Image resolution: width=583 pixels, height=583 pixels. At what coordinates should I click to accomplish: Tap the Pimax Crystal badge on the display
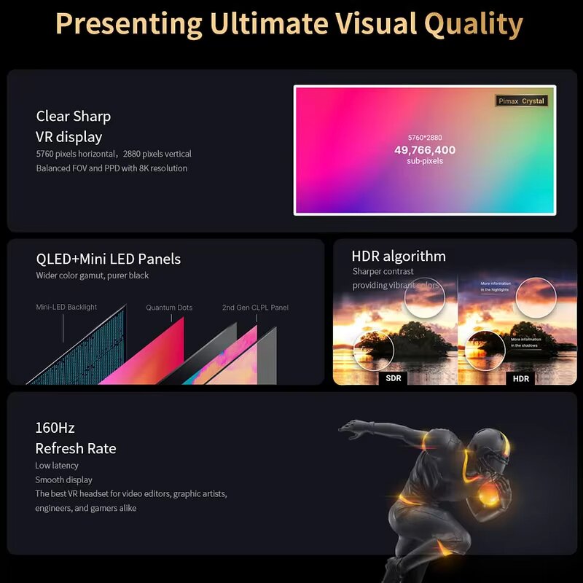pyautogui.click(x=520, y=101)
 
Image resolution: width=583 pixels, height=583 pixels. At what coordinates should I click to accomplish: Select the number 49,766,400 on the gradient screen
pyautogui.click(x=425, y=150)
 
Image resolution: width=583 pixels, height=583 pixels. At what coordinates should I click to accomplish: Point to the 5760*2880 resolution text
pyautogui.click(x=425, y=137)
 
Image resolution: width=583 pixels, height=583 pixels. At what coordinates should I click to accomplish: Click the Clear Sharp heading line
pyautogui.click(x=74, y=116)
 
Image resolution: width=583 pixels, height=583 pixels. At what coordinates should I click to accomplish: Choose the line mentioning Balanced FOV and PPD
pyautogui.click(x=111, y=168)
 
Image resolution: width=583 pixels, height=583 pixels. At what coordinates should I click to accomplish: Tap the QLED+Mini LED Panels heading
pyautogui.click(x=109, y=259)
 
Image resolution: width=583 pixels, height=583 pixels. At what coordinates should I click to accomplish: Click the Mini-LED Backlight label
pyautogui.click(x=66, y=308)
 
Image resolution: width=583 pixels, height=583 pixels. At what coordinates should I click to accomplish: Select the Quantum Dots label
pyautogui.click(x=169, y=308)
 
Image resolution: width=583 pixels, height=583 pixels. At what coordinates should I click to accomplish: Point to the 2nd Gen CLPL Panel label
pyautogui.click(x=255, y=308)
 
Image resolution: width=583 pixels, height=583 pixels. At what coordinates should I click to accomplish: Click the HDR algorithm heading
pyautogui.click(x=399, y=256)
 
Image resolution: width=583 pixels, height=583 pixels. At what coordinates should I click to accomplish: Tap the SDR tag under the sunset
pyautogui.click(x=394, y=378)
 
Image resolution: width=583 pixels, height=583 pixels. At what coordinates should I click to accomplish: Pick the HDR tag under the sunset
pyautogui.click(x=521, y=378)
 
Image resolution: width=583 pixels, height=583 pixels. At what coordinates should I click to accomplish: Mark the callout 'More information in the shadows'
pyautogui.click(x=526, y=342)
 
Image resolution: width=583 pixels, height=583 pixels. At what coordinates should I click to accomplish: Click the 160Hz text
pyautogui.click(x=55, y=428)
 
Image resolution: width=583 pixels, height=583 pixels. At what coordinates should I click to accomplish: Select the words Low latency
pyautogui.click(x=57, y=466)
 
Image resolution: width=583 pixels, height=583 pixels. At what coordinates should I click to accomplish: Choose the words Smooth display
pyautogui.click(x=64, y=480)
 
